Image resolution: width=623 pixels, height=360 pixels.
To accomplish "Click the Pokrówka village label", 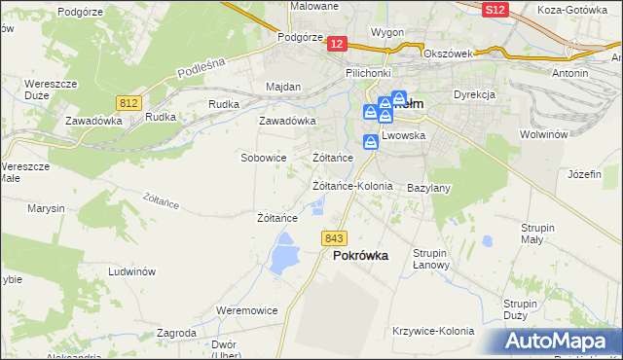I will coord(360,256).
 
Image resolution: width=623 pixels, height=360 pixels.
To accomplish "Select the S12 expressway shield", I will coord(494,10).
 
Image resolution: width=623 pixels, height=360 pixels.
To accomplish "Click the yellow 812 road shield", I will coord(128,102).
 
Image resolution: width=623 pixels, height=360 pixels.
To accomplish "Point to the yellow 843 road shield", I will coord(334,238).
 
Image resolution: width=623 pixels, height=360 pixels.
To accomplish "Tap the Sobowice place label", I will coord(263,157).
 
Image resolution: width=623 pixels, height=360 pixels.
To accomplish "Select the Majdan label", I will coord(283,87).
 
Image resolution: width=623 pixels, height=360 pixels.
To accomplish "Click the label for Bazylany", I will coord(428,187).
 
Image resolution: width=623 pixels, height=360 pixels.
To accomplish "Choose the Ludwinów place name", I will coord(133,272).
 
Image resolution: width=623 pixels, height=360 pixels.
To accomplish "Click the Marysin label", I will coord(46,209).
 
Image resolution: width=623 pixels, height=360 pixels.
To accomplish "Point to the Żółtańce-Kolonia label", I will coord(352,185).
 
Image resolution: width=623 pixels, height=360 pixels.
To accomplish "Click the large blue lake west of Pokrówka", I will coord(284,258).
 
